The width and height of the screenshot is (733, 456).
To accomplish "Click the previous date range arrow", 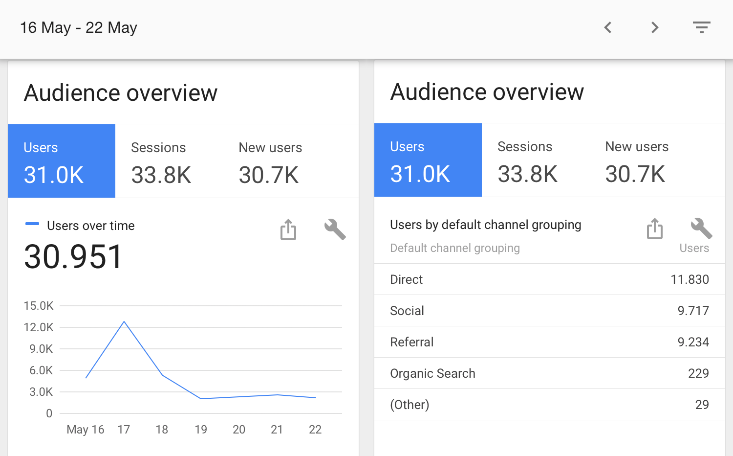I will pos(608,27).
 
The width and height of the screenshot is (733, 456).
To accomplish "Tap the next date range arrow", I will pos(655,27).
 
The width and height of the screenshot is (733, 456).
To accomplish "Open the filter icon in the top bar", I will pos(701,27).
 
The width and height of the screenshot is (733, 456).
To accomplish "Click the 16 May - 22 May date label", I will pos(79,28).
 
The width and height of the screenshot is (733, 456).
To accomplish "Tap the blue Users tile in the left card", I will pos(62,161).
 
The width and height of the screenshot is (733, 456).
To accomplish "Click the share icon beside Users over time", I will pos(288,229).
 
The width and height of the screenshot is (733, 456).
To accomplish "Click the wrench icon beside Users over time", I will pos(335,229).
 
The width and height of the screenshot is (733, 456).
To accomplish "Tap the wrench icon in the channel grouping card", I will pos(701,228).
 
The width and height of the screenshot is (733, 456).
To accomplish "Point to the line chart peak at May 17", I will pos(124,321).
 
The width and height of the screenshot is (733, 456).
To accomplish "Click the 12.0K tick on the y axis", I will pos(39,327).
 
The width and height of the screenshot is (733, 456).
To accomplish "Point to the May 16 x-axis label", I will pos(86,430).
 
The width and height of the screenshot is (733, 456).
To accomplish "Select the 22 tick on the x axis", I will pos(315,430).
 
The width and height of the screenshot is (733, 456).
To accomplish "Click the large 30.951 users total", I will pos(73,257).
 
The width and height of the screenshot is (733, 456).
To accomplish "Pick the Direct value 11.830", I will pos(690,279).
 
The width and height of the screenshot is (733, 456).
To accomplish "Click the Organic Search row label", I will pos(432,373).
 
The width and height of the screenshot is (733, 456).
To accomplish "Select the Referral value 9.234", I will pos(693,342).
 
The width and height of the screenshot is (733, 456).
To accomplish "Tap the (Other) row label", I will pos(410,405).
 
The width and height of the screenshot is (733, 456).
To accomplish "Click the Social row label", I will pos(407,311).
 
